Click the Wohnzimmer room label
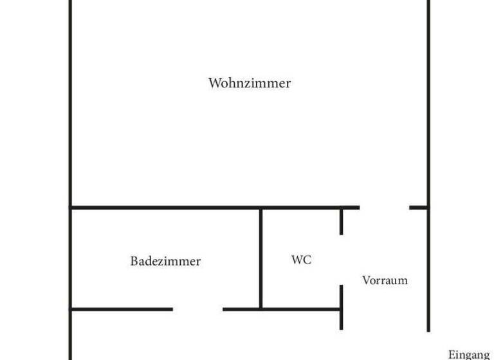(x=250, y=83)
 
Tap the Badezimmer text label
(x=165, y=262)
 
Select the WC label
(x=302, y=260)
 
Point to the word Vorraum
(x=385, y=280)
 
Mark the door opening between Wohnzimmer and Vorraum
(x=384, y=208)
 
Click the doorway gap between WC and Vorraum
(x=341, y=260)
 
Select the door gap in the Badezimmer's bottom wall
(x=197, y=309)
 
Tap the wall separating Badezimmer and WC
(x=261, y=257)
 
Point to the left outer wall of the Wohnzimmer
(x=69, y=103)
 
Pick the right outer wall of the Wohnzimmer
(x=428, y=103)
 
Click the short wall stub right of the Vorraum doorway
(x=419, y=208)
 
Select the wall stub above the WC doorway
(x=341, y=221)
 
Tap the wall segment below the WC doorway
(x=341, y=307)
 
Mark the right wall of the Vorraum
(x=428, y=270)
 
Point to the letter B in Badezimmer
(x=134, y=262)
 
